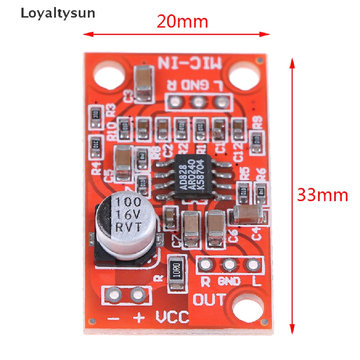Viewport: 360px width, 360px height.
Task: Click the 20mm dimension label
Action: (182, 22)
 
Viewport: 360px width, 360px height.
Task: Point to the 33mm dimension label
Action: (322, 195)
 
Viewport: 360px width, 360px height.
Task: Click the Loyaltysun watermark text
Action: (58, 13)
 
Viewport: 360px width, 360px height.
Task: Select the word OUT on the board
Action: (210, 300)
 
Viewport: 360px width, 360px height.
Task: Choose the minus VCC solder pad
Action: (114, 294)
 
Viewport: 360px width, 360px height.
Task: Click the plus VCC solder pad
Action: (137, 294)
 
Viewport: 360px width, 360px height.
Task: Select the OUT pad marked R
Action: (205, 264)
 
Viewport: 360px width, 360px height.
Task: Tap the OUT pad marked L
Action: (252, 264)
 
